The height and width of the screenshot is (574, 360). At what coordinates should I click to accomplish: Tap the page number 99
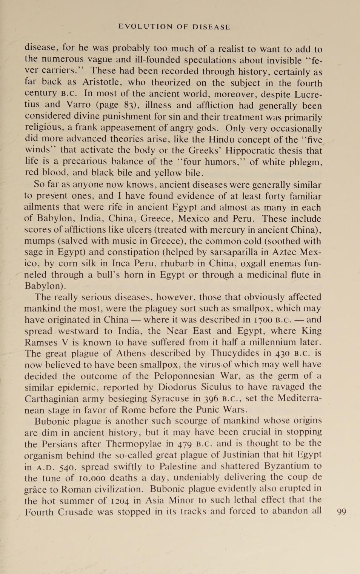[x=341, y=512]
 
